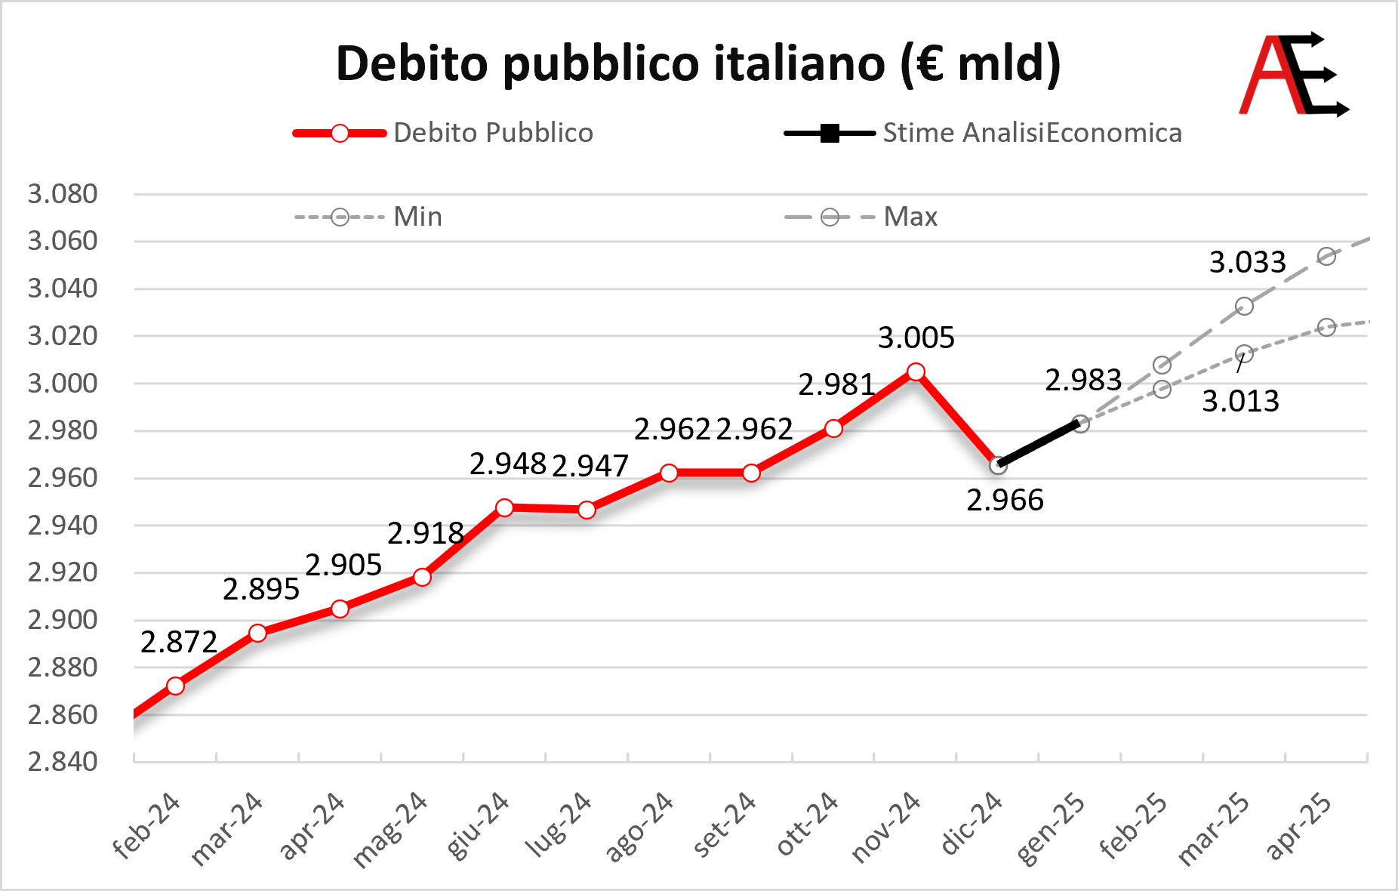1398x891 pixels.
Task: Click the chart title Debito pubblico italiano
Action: [698, 63]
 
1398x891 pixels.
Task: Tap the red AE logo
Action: [1294, 74]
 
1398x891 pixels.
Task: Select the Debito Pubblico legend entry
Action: [443, 133]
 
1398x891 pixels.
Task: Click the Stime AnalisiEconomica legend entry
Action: [983, 133]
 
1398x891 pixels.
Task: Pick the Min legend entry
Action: [368, 217]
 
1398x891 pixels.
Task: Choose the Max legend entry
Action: [861, 217]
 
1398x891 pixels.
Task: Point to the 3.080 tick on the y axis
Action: [63, 194]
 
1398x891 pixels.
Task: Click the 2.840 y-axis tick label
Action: [63, 761]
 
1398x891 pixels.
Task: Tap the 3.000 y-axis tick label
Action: [63, 383]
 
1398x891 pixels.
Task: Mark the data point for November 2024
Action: [916, 372]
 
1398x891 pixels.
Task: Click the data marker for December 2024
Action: [998, 466]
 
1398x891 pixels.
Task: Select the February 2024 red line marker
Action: [175, 686]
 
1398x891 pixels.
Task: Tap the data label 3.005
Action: [916, 338]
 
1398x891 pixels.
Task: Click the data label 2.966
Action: [1005, 500]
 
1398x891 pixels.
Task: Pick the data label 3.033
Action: [1248, 262]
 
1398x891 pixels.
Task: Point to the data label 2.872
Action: [179, 642]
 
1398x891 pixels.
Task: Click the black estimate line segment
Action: [1039, 445]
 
